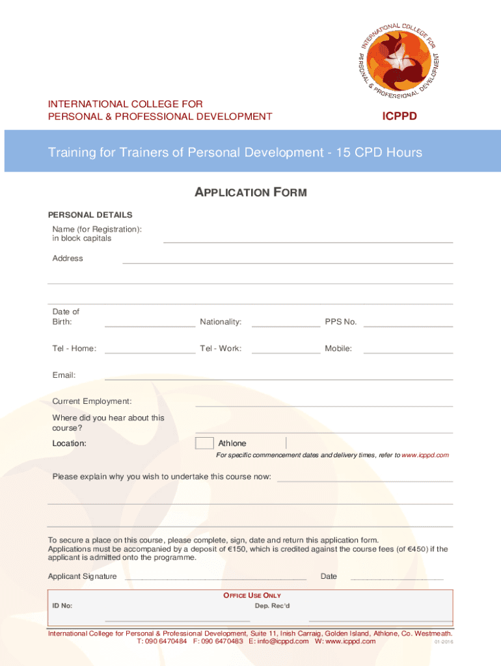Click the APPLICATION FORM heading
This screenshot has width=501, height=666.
(x=251, y=193)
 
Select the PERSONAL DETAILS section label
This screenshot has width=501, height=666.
(x=90, y=215)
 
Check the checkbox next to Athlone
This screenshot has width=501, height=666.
(x=204, y=444)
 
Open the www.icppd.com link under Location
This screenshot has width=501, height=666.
(x=425, y=455)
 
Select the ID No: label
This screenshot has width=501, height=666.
(x=62, y=606)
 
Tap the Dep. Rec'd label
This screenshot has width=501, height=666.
(x=272, y=606)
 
